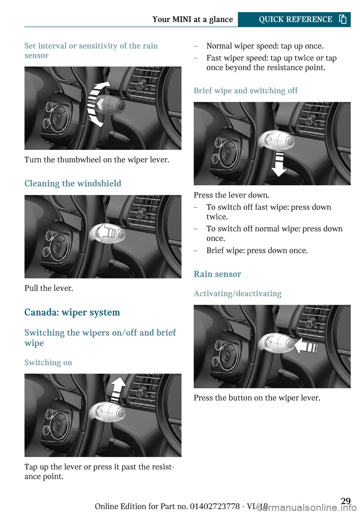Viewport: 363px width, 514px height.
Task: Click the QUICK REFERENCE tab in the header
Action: click(294, 20)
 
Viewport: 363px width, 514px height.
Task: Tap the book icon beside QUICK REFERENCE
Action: click(343, 19)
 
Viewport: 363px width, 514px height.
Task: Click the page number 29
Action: click(346, 501)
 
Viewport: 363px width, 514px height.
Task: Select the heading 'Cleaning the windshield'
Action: click(73, 183)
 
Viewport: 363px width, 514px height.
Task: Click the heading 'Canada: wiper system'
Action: click(72, 312)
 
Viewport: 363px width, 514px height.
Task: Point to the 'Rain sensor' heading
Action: click(217, 274)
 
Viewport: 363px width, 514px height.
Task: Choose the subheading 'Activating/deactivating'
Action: click(237, 294)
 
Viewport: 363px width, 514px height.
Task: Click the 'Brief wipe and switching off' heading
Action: click(245, 91)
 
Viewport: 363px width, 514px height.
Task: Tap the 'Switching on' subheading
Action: click(48, 363)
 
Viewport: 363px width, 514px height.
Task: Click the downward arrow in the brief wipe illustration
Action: click(279, 163)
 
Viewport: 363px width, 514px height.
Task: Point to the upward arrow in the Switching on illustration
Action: click(118, 390)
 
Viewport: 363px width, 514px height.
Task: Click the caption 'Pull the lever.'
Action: click(49, 288)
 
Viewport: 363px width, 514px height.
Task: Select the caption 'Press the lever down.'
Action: click(231, 195)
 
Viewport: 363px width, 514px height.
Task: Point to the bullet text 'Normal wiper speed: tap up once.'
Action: click(265, 46)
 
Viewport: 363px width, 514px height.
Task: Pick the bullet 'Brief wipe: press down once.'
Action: click(257, 250)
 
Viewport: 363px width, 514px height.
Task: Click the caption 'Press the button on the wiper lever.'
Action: click(257, 398)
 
